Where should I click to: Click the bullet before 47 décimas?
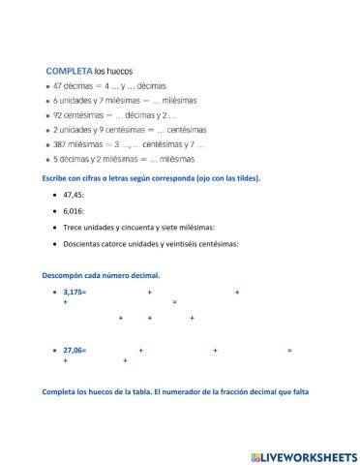[x=46, y=86]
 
